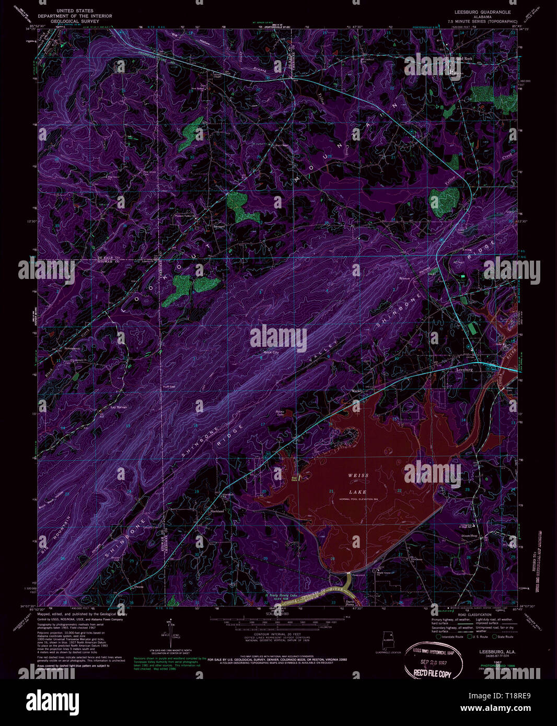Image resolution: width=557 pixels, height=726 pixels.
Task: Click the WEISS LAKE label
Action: pos(358,484)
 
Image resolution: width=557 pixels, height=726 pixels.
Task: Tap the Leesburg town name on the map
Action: pos(465,369)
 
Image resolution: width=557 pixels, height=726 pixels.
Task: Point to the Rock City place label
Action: pos(271,353)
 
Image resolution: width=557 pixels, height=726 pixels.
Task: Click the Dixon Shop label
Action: pos(469,536)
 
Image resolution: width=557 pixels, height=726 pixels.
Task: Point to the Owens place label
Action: pos(139,587)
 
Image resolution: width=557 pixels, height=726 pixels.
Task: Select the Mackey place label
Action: pos(357,390)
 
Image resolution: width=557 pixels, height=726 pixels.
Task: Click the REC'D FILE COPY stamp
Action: pos(432,673)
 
